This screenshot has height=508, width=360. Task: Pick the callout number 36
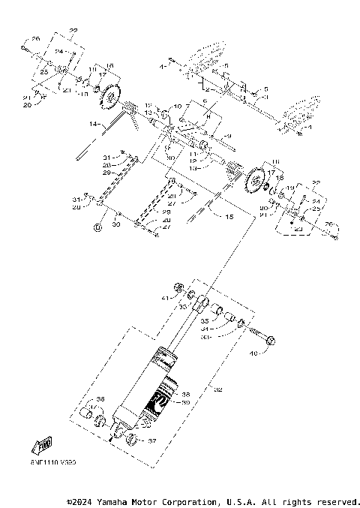pos(100,399)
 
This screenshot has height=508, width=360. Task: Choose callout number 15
pos(220,215)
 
